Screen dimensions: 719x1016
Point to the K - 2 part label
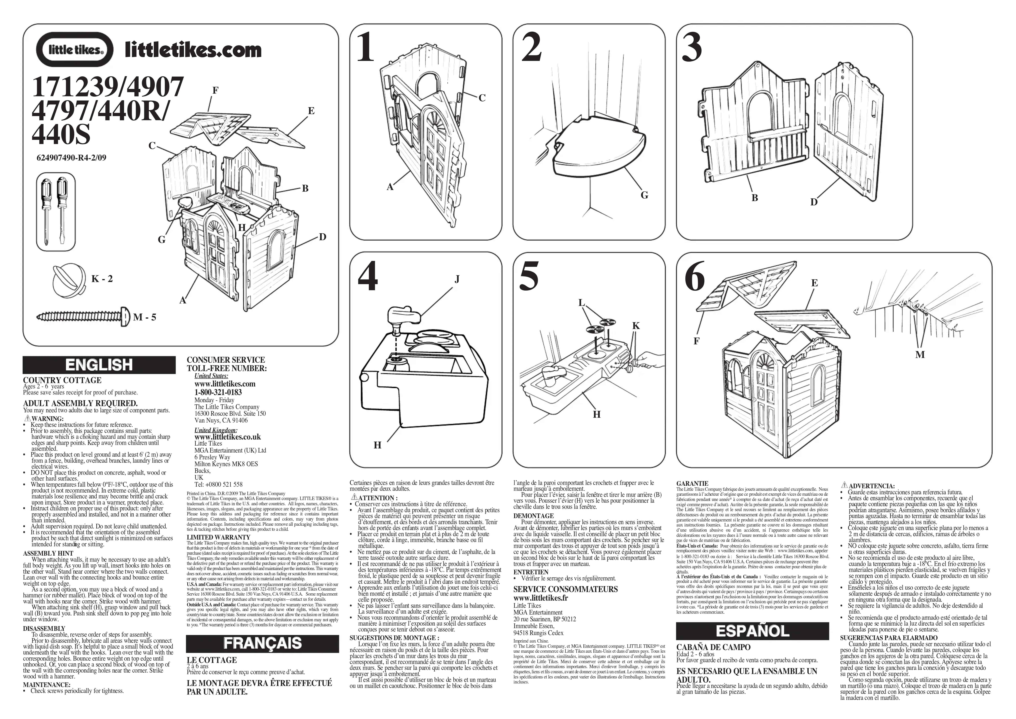click(102, 279)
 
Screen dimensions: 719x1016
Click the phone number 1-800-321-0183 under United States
click(218, 392)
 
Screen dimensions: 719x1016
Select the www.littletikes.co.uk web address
click(228, 437)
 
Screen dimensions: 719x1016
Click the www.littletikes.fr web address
click(541, 598)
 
